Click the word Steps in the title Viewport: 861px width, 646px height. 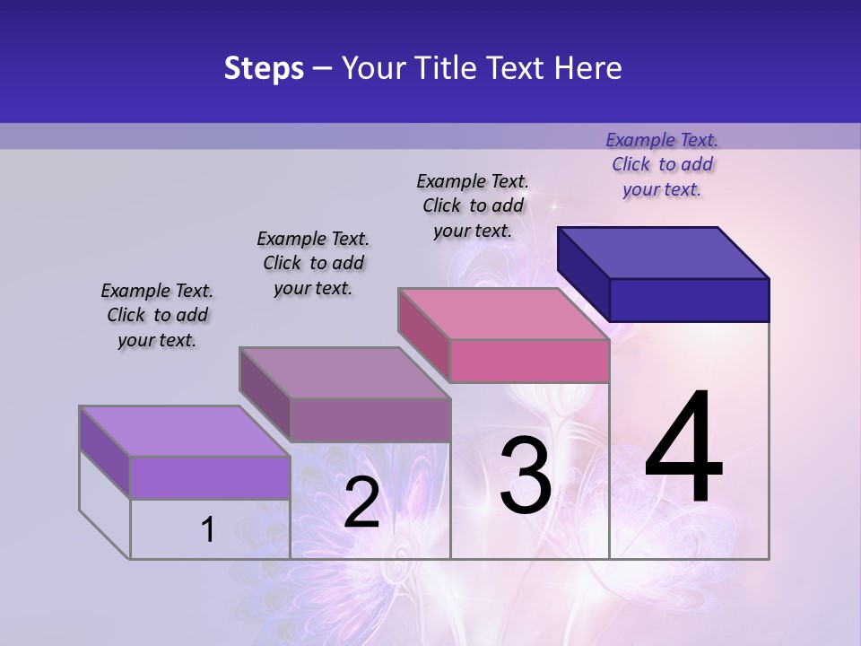coord(264,68)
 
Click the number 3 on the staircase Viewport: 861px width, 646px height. coord(526,476)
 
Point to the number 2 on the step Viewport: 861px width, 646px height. coord(361,502)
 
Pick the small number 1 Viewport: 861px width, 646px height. coord(208,529)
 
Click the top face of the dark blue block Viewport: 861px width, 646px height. coord(664,252)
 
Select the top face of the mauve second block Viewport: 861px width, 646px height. coord(344,372)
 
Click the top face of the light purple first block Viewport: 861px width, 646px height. coord(185,431)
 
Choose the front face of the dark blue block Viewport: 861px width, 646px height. coord(689,300)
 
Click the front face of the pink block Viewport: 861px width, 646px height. coord(529,361)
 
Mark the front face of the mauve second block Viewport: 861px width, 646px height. coord(370,420)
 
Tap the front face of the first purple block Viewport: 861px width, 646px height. coord(210,477)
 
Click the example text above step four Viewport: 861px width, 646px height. coord(662,164)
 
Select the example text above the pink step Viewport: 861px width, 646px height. coord(473,205)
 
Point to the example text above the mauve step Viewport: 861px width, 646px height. coord(313,263)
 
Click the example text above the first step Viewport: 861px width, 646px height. coord(157,315)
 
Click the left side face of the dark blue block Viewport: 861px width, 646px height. coord(583,274)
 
